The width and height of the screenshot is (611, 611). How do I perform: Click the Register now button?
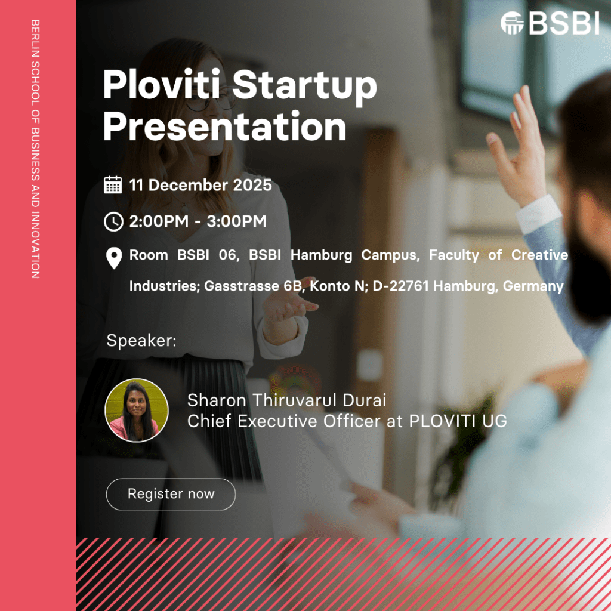[171, 493]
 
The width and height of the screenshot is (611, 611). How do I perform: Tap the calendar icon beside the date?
[113, 185]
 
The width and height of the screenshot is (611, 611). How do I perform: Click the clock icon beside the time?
[113, 221]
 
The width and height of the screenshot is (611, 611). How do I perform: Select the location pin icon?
[114, 258]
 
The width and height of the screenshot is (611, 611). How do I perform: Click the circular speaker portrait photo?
[137, 410]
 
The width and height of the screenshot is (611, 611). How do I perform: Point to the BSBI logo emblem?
[511, 23]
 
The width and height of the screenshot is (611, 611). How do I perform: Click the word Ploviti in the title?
[161, 85]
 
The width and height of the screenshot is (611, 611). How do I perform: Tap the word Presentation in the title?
[224, 126]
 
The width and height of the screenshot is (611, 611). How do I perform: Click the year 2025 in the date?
[252, 185]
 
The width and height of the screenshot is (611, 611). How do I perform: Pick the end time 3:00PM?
[236, 221]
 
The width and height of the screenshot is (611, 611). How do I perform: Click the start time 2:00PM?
[159, 221]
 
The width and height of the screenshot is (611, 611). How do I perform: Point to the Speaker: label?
[141, 341]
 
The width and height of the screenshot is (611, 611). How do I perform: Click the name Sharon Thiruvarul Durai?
[287, 400]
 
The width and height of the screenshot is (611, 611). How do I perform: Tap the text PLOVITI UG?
[458, 421]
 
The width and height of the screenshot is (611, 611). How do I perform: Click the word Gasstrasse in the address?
[242, 286]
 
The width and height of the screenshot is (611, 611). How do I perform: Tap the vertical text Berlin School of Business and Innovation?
[35, 149]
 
